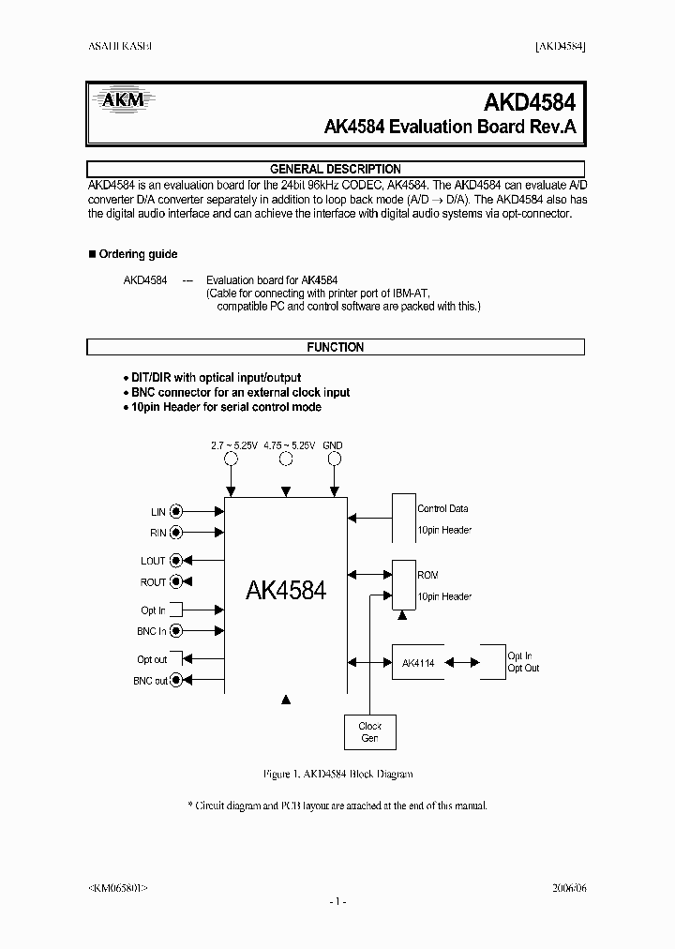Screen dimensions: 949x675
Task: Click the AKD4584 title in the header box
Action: [530, 101]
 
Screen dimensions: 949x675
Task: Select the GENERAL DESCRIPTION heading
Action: [336, 169]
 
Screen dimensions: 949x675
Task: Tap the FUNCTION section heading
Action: [336, 347]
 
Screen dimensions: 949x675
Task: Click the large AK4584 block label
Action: [286, 591]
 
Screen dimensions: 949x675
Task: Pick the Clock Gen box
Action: [370, 731]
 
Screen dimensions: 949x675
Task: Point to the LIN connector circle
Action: [176, 512]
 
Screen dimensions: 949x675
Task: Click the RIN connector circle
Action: [176, 534]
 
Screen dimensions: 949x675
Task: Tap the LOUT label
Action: [153, 561]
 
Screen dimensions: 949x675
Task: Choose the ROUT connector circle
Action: [176, 582]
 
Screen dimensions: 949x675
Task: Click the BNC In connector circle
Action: [176, 632]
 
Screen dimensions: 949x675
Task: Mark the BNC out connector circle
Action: [176, 681]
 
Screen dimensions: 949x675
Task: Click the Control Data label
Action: [442, 508]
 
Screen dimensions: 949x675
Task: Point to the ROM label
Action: [427, 575]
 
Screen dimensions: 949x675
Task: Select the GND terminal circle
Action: [333, 459]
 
